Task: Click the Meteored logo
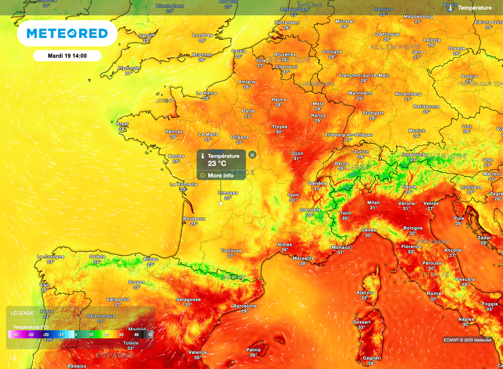click(67, 33)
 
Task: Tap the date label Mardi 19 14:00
click(67, 56)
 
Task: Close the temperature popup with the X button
click(252, 155)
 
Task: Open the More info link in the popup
click(220, 176)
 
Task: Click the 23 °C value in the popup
click(217, 164)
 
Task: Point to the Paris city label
click(248, 111)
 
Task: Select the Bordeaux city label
click(194, 218)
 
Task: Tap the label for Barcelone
click(245, 306)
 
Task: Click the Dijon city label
click(297, 154)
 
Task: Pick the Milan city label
click(373, 202)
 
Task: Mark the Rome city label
click(434, 294)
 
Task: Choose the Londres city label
click(202, 35)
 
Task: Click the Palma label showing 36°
click(253, 350)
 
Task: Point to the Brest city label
click(123, 124)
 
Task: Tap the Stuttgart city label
click(373, 113)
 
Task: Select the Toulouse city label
click(231, 251)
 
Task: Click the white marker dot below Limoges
click(221, 203)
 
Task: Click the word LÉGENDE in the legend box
click(23, 313)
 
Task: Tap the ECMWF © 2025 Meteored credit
click(467, 340)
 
